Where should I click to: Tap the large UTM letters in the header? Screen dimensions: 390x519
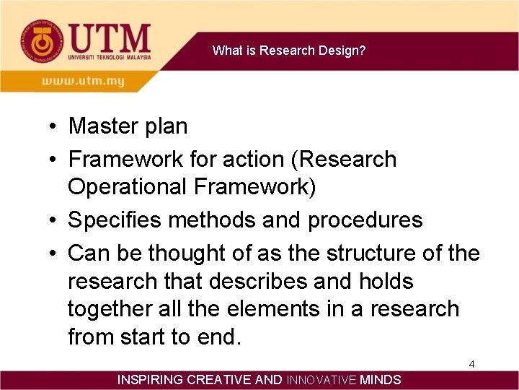[110, 38]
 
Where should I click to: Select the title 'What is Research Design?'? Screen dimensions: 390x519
[289, 51]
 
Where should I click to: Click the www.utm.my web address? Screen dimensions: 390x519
[83, 82]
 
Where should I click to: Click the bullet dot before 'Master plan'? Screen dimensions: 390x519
[54, 127]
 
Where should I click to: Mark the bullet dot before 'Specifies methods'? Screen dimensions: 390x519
[54, 220]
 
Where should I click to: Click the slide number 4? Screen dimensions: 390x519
[471, 364]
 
